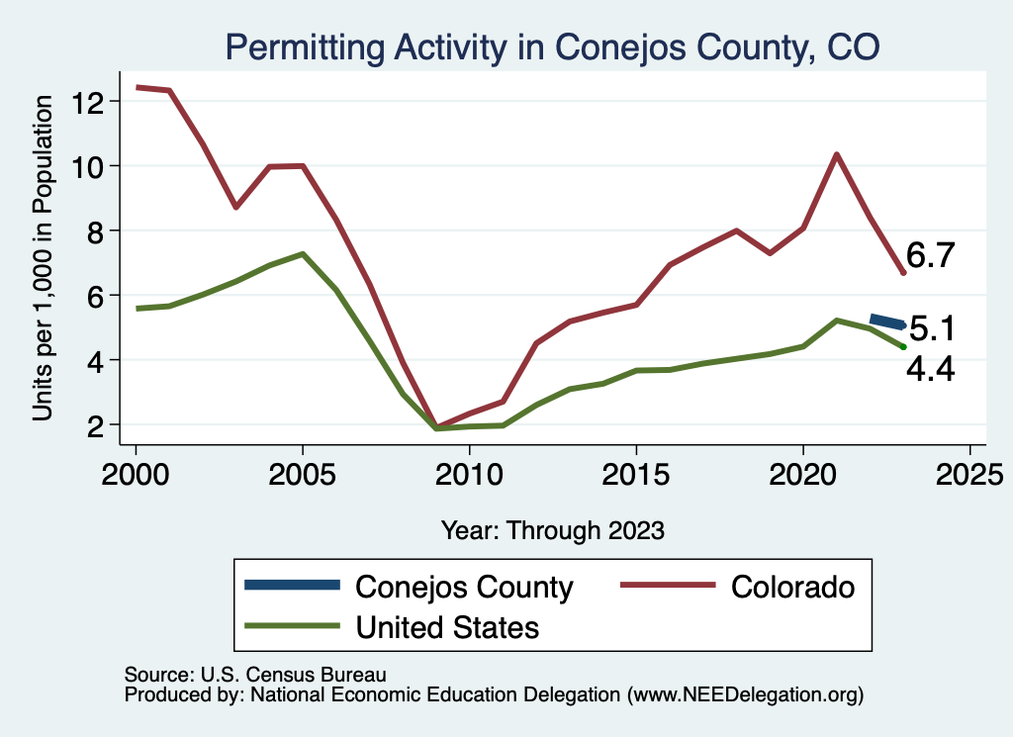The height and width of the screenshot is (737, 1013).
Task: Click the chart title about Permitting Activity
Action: pyautogui.click(x=553, y=46)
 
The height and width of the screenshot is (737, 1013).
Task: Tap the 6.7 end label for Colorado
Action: pyautogui.click(x=930, y=256)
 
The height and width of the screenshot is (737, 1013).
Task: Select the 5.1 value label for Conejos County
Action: pyautogui.click(x=931, y=327)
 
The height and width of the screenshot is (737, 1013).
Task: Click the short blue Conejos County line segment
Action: pyautogui.click(x=886, y=322)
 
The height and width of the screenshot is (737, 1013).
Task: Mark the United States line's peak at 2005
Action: pyautogui.click(x=303, y=254)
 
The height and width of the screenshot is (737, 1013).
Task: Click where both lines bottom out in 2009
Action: pyautogui.click(x=436, y=427)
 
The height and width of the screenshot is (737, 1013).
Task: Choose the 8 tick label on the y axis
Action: pyautogui.click(x=98, y=231)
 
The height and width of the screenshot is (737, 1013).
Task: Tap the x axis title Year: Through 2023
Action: pyautogui.click(x=552, y=530)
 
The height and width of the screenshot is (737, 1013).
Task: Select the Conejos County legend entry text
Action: pyautogui.click(x=464, y=587)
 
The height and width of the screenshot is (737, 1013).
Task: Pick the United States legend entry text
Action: pyautogui.click(x=447, y=627)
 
